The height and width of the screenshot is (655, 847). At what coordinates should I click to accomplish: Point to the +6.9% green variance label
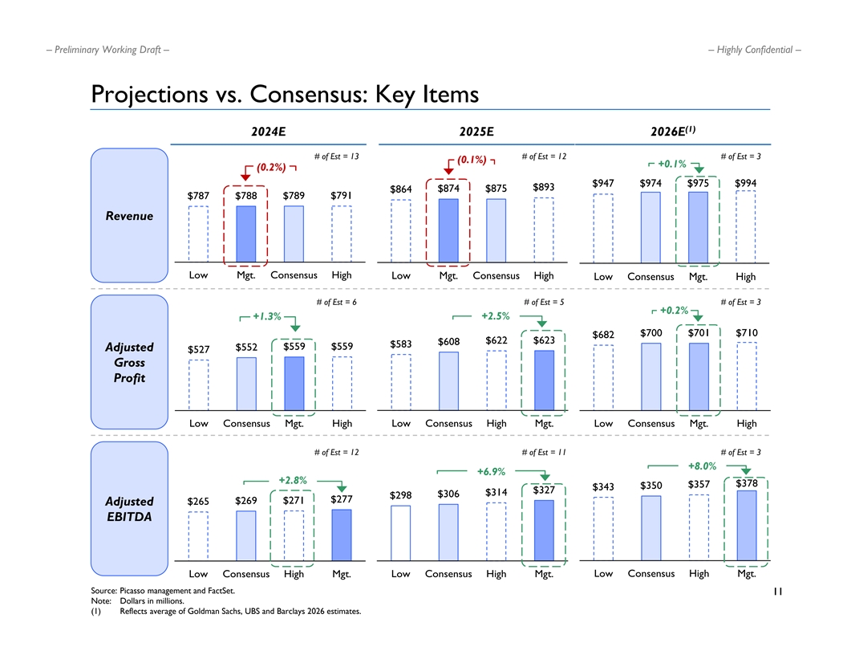click(491, 471)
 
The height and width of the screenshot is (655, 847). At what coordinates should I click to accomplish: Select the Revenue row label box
click(128, 216)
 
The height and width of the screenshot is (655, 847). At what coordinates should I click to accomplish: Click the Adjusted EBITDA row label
click(128, 509)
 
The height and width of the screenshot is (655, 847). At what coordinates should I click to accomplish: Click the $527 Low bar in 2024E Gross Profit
click(199, 384)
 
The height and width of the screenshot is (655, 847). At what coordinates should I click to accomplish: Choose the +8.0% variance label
click(703, 466)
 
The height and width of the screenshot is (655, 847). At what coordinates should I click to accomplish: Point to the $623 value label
click(544, 341)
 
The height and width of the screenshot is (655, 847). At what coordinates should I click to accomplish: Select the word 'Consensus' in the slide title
click(310, 95)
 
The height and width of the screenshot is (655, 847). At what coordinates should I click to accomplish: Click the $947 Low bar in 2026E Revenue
click(603, 228)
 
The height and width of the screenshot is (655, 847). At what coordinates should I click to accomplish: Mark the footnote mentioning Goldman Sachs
click(240, 611)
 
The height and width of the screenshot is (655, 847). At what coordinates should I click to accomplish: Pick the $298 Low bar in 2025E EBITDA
click(400, 531)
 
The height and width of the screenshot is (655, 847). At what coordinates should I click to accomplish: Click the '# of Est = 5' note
click(543, 302)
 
